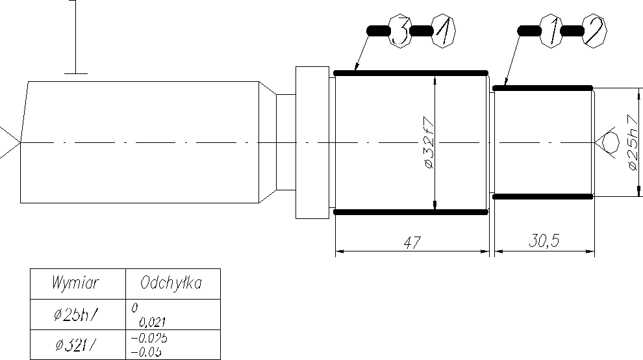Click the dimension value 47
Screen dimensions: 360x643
pos(412,242)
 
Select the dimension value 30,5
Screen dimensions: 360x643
pos(544,242)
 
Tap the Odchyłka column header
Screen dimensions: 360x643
pos(171,283)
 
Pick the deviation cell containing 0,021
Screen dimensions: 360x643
pos(171,315)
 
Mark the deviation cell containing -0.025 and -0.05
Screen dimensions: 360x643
pos(171,344)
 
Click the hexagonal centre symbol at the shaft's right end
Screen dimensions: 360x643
pos(609,142)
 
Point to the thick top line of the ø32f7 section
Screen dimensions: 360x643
pos(410,73)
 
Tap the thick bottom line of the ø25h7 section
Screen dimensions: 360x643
pos(543,196)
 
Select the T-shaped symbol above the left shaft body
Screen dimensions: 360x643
pos(77,39)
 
